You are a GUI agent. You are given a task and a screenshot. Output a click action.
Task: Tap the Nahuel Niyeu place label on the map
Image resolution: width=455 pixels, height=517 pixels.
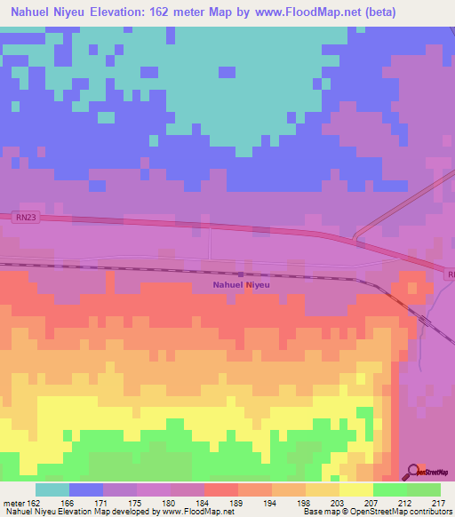pos(241,285)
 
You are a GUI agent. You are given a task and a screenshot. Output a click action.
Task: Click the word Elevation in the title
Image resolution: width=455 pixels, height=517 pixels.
pos(131,12)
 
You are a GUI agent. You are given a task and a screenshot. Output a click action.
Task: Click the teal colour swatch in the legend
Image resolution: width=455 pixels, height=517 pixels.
pos(52,489)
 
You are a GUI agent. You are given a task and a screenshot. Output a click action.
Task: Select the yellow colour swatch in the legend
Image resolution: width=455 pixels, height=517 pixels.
pos(355,489)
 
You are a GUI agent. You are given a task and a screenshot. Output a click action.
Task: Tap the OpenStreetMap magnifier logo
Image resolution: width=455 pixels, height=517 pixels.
pos(412,472)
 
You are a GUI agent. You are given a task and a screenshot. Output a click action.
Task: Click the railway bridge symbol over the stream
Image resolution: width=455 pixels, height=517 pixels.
pos(241,273)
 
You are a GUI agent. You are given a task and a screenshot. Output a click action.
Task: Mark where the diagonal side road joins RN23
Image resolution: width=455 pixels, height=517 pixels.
pos(355,238)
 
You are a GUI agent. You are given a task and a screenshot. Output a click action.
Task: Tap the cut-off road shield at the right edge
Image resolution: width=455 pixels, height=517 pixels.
pos(450,275)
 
